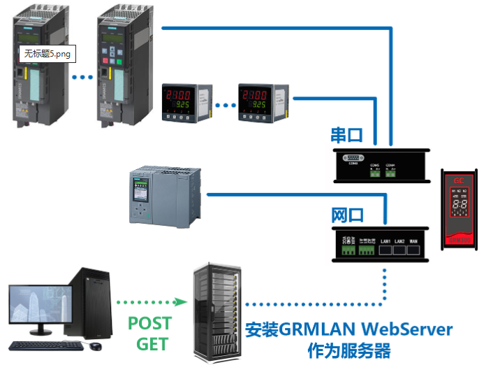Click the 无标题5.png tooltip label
click(47, 54)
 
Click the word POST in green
click(149, 324)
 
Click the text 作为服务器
click(349, 350)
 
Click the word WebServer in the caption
click(411, 329)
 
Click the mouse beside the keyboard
click(96, 345)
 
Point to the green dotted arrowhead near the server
click(183, 302)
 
